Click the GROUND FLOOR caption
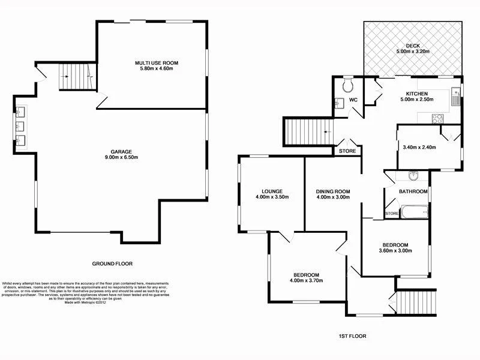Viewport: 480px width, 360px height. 112,263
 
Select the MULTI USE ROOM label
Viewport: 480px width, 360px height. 157,62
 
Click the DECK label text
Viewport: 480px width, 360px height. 412,46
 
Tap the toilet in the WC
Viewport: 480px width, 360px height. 345,87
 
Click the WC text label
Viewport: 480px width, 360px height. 353,100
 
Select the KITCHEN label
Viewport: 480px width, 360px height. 416,94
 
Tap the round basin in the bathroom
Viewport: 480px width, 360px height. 413,176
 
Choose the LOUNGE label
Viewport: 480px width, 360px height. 264,191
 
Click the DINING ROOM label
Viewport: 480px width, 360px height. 333,192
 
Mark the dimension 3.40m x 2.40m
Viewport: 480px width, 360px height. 419,147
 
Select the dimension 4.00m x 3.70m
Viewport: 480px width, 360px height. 307,279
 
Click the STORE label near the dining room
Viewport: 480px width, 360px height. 347,151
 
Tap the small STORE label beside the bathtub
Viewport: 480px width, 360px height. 392,213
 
